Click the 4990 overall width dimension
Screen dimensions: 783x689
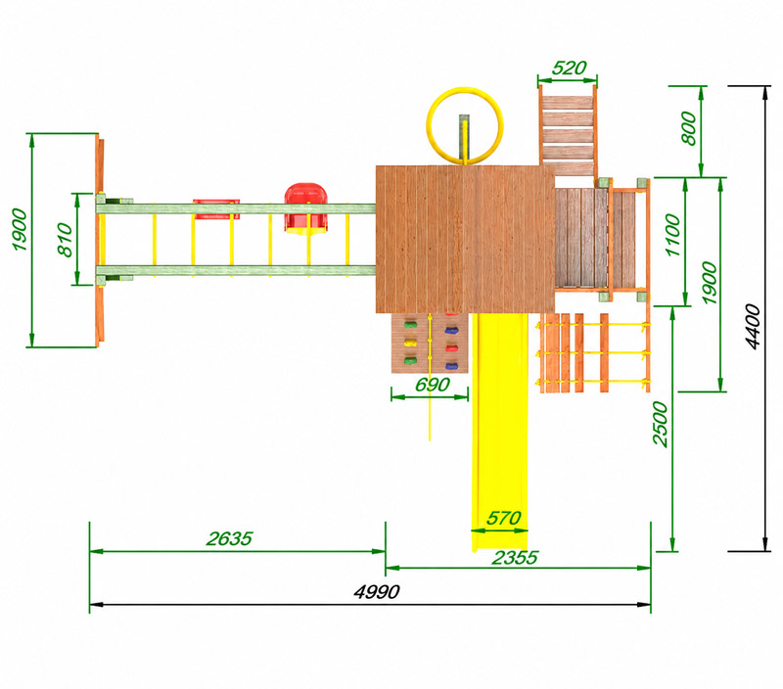click(x=377, y=592)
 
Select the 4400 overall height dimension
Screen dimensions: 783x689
click(x=753, y=327)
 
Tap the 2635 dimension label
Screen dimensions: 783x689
click(x=229, y=538)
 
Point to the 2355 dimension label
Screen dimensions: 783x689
click(x=515, y=558)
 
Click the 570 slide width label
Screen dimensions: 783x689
click(x=504, y=519)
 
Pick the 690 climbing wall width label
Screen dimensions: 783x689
click(x=433, y=385)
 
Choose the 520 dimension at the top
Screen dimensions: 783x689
click(x=569, y=68)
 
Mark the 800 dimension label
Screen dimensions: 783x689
click(x=689, y=128)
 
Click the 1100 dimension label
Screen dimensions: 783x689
click(x=672, y=235)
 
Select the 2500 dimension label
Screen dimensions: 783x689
click(x=660, y=424)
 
